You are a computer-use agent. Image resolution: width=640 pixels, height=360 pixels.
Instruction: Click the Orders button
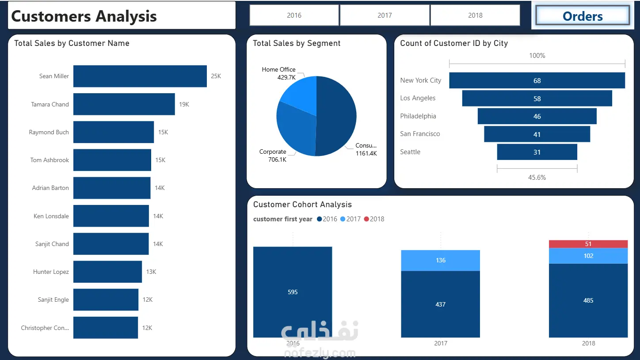coord(583,15)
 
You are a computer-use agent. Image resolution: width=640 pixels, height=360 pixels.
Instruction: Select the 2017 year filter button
coord(385,15)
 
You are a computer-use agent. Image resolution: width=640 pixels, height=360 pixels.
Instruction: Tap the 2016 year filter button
coord(294,15)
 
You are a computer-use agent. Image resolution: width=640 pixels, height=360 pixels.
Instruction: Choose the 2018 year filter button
coord(475,15)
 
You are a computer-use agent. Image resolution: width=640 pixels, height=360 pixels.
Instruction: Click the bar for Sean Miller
coord(140,76)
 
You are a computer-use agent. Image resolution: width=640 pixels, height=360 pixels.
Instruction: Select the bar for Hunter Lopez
coord(107,272)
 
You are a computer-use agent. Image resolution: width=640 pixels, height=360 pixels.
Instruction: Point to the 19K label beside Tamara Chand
coord(184,105)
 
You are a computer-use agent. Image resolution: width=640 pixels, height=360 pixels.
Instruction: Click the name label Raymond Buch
coord(49,132)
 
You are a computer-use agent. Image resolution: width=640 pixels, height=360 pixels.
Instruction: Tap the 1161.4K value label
coord(366,153)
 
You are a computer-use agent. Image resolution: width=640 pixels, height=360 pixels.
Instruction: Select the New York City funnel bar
coord(537,80)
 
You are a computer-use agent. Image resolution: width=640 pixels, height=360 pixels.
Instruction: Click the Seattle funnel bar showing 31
coord(537,152)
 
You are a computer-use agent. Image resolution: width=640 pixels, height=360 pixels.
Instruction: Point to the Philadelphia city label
coord(418,116)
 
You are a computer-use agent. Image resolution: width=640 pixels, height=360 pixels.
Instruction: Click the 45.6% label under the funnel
coord(537,178)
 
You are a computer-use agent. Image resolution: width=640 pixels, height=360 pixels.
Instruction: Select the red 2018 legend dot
coord(366,219)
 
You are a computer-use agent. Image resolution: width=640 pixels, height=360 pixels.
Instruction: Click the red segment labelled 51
coord(588,244)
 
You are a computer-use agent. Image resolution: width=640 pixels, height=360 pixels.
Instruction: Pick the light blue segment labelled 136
coord(440,261)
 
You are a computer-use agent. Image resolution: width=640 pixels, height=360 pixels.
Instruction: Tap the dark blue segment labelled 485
coord(588,300)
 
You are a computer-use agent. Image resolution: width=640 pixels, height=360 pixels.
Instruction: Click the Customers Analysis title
coord(84,16)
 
